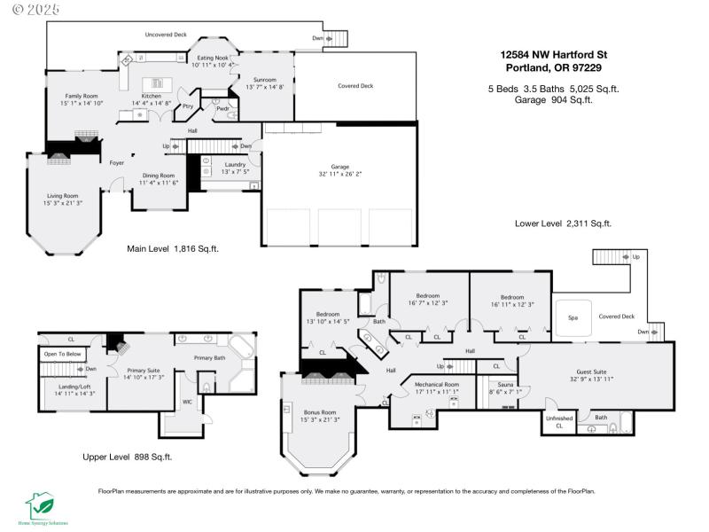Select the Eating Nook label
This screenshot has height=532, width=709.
213,59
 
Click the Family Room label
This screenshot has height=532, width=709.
82,99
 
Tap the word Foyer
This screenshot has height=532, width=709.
117,163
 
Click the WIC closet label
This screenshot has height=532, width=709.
186,402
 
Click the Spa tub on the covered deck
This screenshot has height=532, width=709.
573,317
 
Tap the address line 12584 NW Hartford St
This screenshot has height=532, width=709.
553,54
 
